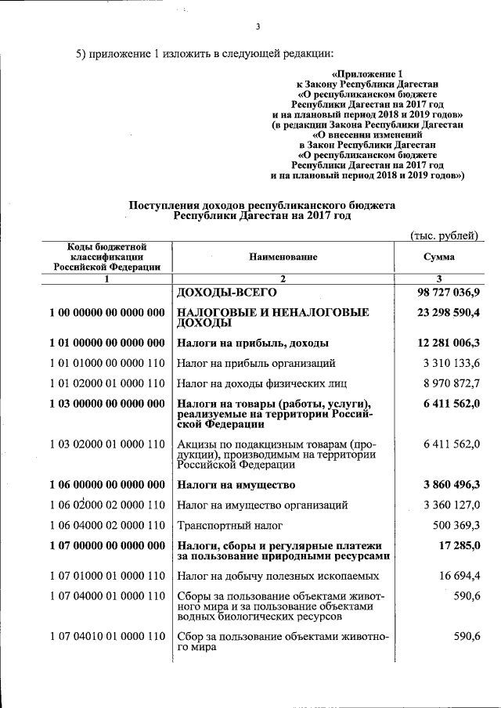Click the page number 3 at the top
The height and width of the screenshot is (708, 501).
click(x=258, y=29)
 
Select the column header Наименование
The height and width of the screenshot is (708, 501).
click(x=284, y=257)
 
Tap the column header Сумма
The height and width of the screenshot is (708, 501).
click(x=439, y=257)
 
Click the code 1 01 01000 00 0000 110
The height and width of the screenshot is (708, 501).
click(x=106, y=363)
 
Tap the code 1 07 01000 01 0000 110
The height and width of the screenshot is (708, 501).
click(x=106, y=576)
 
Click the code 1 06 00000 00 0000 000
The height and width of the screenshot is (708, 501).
click(x=106, y=484)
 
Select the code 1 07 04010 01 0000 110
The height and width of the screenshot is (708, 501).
click(x=106, y=636)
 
